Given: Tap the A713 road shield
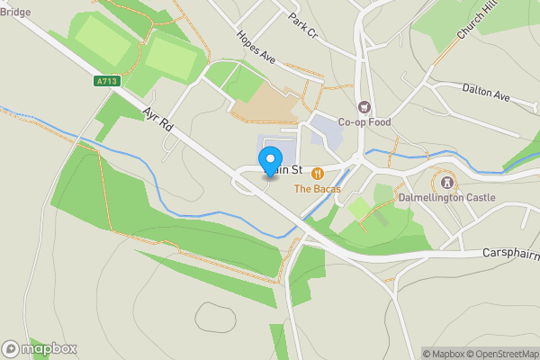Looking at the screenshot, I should click(106, 81).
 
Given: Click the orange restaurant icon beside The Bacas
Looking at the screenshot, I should click(317, 173).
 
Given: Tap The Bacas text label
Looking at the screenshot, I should click(314, 189).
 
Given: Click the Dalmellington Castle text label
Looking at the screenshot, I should click(447, 196).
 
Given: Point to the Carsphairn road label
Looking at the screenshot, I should click(510, 253).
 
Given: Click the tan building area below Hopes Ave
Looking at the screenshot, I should click(265, 104).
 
